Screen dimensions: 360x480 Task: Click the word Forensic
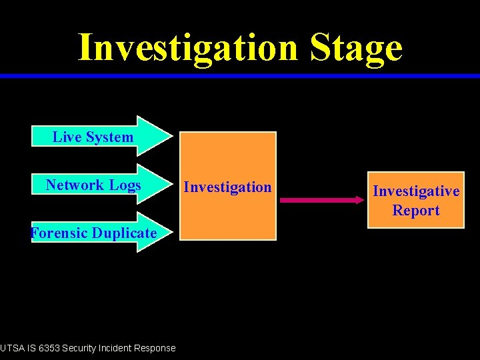coord(60,233)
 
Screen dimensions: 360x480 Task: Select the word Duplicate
coord(124,233)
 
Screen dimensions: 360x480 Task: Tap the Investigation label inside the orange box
coord(228,187)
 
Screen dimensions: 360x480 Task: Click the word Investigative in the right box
coord(416,191)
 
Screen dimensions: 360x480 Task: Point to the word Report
coord(416,211)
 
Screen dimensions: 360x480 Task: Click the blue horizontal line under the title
coord(240,76)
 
